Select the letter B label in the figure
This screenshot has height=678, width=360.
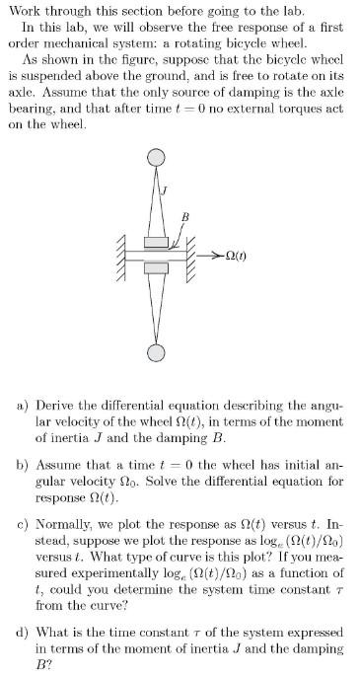184,215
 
